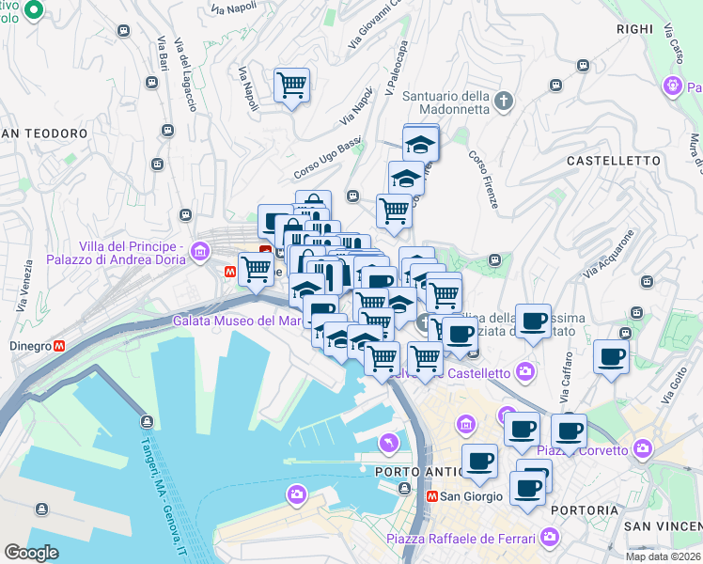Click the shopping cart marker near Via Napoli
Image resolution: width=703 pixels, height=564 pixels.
[x=292, y=86]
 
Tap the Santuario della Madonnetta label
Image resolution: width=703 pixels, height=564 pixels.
[x=445, y=102]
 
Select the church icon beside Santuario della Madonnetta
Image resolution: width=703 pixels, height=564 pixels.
[x=504, y=101]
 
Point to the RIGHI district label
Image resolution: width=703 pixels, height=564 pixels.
[x=633, y=29]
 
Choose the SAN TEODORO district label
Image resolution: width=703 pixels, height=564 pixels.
[x=44, y=133]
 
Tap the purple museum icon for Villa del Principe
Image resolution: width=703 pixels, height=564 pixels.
[x=199, y=251]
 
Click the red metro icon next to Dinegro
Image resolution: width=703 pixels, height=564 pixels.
[x=60, y=346]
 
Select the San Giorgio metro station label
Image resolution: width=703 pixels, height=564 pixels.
[x=462, y=496]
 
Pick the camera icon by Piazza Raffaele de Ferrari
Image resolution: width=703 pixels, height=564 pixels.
[x=550, y=538]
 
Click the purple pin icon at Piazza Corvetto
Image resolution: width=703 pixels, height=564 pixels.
[x=643, y=450]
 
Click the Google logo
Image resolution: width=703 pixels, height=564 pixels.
[x=31, y=552]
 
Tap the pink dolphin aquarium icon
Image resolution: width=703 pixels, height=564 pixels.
[x=387, y=443]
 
